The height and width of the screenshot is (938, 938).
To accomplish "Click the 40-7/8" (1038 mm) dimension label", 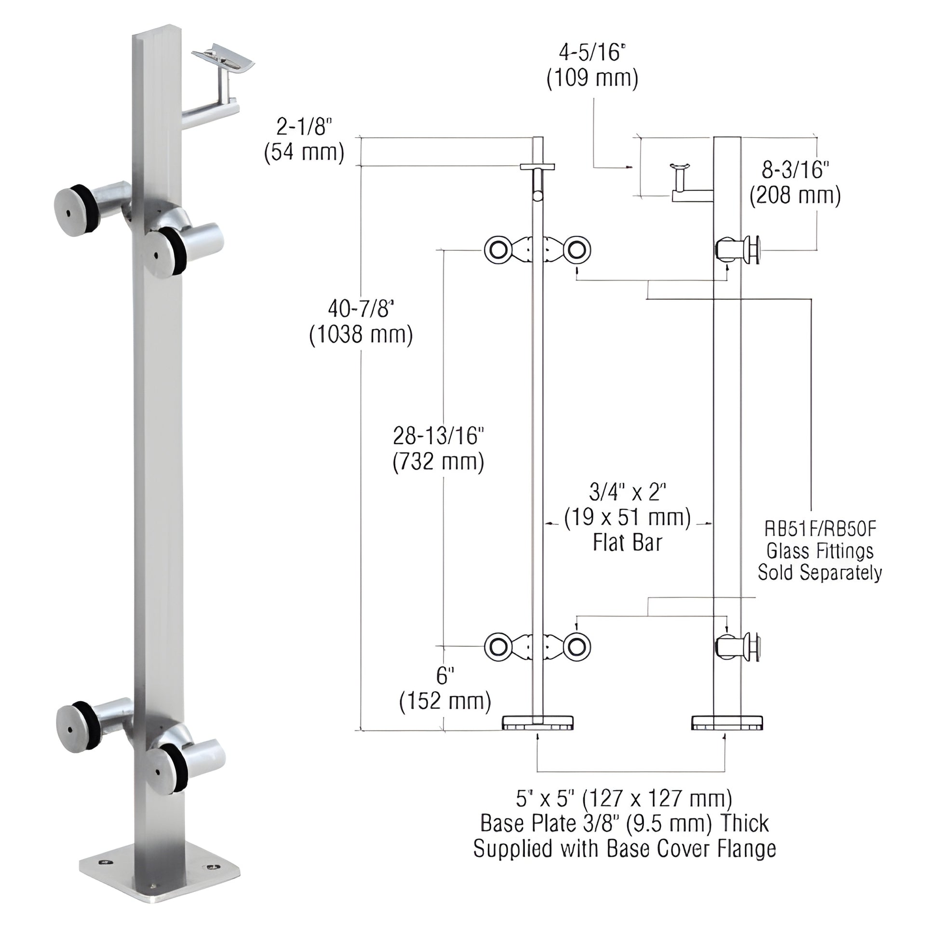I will pos(361,322).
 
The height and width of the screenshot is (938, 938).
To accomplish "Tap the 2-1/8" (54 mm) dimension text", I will pos(304,140).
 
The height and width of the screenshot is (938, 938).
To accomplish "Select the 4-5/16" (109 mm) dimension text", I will pos(592,65).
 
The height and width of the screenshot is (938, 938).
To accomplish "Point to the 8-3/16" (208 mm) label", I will pos(795,183).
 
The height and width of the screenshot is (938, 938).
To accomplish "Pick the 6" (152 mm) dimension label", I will pos(445,689).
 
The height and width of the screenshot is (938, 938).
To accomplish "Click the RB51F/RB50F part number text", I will pos(820,529).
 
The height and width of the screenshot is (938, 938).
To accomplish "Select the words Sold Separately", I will pos(820,573).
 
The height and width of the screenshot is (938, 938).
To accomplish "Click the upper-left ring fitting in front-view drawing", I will pos(497,251).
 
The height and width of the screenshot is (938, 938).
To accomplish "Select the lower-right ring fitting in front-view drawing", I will pos(577,647).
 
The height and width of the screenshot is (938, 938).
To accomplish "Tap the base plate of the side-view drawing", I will pos(726,723).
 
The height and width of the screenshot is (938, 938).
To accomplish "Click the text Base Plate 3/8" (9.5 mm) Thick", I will pos(624,823).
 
